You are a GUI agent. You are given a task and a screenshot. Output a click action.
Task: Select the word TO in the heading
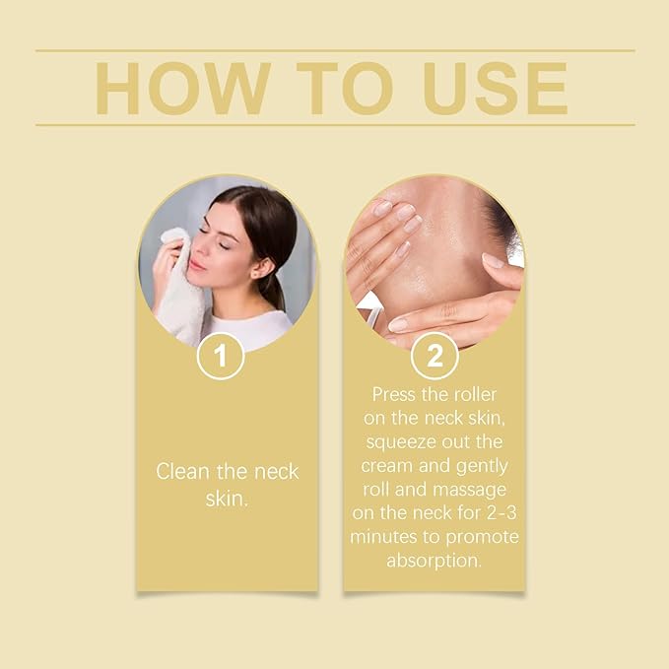point(340,88)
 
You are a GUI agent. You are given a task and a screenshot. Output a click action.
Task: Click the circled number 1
point(221,357)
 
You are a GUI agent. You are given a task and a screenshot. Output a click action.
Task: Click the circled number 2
point(435,357)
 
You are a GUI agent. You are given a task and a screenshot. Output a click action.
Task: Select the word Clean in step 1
point(183,471)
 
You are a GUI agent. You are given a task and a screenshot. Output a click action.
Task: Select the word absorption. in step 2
point(435,560)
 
